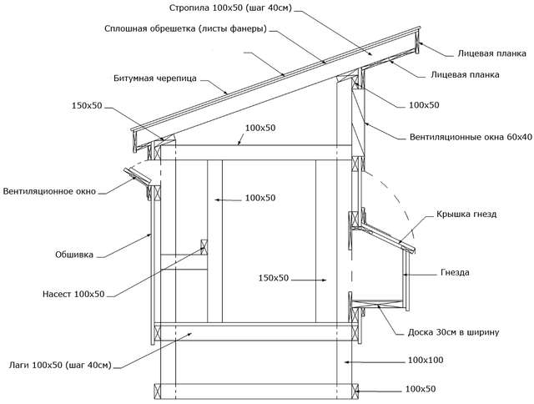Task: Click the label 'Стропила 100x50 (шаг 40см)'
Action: click(x=230, y=8)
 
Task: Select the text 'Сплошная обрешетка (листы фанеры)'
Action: click(x=185, y=28)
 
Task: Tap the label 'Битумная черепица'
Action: click(x=155, y=78)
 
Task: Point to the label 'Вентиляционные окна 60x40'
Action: click(x=471, y=137)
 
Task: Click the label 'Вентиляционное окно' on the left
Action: click(x=49, y=191)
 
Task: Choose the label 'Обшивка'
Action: click(x=74, y=255)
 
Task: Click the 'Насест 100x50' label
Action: click(x=73, y=294)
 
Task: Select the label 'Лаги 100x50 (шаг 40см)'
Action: click(x=60, y=365)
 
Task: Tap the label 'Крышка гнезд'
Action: click(x=466, y=215)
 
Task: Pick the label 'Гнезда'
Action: click(x=455, y=272)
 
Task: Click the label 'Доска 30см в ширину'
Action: click(x=453, y=332)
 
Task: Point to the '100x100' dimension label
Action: click(x=426, y=360)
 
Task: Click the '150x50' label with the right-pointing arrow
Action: click(x=274, y=278)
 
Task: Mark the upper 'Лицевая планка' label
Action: click(x=492, y=53)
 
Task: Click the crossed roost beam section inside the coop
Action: click(x=204, y=247)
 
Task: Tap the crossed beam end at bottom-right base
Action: click(x=355, y=391)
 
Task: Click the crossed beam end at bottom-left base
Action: click(x=158, y=391)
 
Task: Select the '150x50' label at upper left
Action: click(x=87, y=106)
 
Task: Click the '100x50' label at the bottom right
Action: click(x=421, y=389)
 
